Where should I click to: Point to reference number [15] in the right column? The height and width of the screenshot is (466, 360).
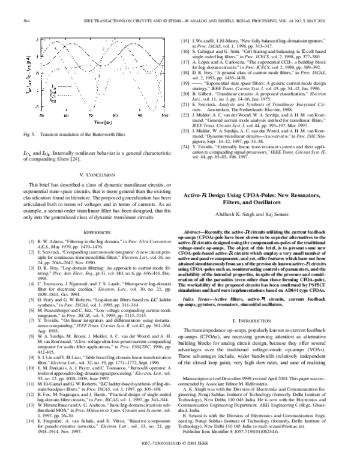click(186, 39)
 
